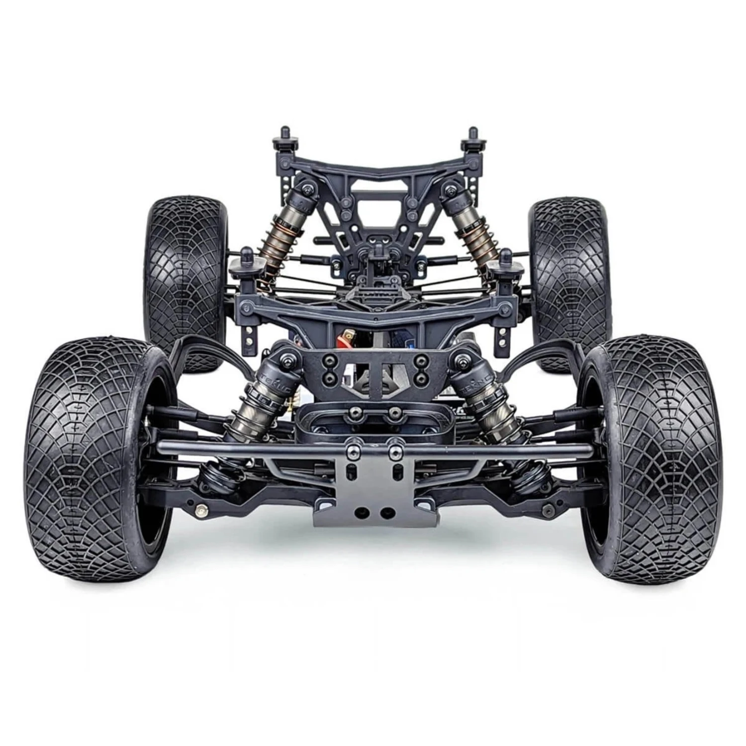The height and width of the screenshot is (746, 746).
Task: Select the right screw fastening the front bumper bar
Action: click(x=395, y=450)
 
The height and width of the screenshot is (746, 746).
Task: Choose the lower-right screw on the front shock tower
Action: click(x=422, y=379)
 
